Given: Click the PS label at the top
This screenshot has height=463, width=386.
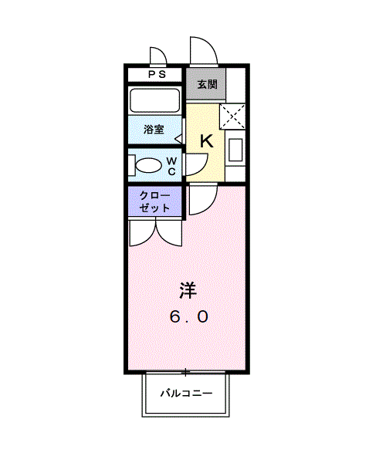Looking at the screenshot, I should pyautogui.click(x=157, y=75).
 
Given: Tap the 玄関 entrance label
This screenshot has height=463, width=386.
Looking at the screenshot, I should pyautogui.click(x=206, y=84).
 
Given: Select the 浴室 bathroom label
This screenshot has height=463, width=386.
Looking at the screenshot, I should pyautogui.click(x=154, y=129).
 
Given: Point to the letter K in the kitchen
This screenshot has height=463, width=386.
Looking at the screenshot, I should pyautogui.click(x=206, y=141).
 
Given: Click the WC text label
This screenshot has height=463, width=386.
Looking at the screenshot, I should pyautogui.click(x=171, y=165).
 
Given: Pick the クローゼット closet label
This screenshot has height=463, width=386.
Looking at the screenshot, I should pyautogui.click(x=154, y=202).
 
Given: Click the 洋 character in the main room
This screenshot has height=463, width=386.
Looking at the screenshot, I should pyautogui.click(x=188, y=291).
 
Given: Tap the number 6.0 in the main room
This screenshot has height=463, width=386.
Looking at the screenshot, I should pyautogui.click(x=188, y=316).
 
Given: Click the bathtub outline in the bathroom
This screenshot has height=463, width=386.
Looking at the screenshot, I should pyautogui.click(x=155, y=101).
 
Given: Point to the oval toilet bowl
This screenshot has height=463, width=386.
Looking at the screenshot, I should pyautogui.click(x=147, y=165).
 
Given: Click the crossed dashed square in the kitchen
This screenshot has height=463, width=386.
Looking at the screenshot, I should pyautogui.click(x=232, y=115).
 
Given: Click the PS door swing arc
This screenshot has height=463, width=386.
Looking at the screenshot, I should pyautogui.click(x=159, y=58).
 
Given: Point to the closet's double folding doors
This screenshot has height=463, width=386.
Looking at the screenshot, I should pyautogui.click(x=155, y=231).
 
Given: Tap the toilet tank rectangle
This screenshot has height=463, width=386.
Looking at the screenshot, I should pyautogui.click(x=134, y=165).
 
